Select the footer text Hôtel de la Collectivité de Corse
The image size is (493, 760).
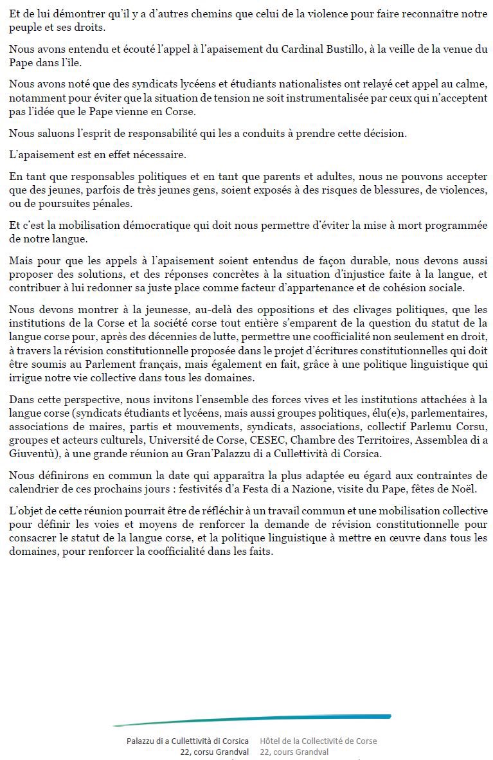pyautogui.click(x=318, y=741)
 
